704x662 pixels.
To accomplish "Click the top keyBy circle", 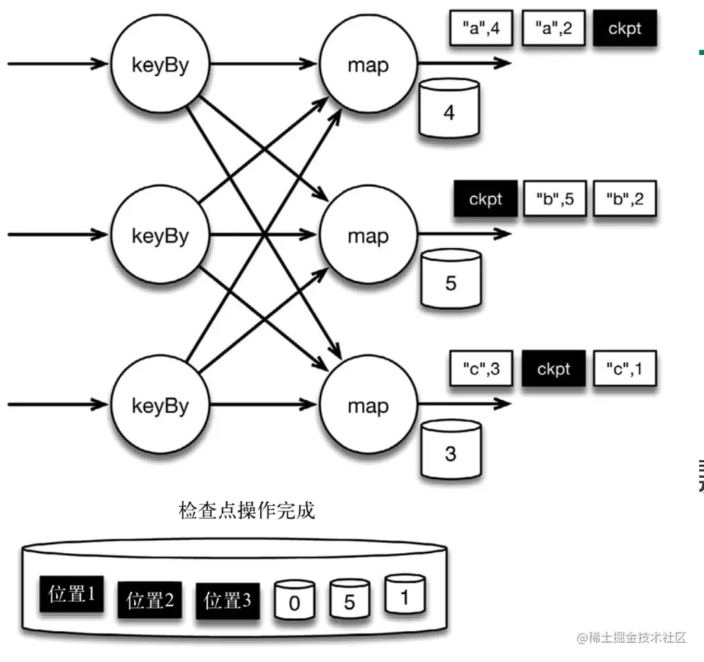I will point(160,66).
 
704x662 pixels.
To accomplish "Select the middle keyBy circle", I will point(160,235).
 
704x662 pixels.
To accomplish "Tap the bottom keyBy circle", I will point(160,405).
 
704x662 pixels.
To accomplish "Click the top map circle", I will point(368,66).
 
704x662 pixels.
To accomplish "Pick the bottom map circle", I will point(368,405).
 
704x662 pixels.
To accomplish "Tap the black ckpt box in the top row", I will point(624,30).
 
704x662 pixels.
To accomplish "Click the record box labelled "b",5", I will point(555,199).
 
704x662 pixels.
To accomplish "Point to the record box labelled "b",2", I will point(623,199).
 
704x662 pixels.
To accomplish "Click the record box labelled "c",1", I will point(625,369).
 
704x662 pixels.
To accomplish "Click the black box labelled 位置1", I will point(71,595).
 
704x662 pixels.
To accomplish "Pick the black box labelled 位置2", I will point(149,601).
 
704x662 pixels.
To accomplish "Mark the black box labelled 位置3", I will point(227,601).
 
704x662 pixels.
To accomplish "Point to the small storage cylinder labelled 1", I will point(404,595).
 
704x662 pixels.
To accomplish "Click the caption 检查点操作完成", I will point(247,511).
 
